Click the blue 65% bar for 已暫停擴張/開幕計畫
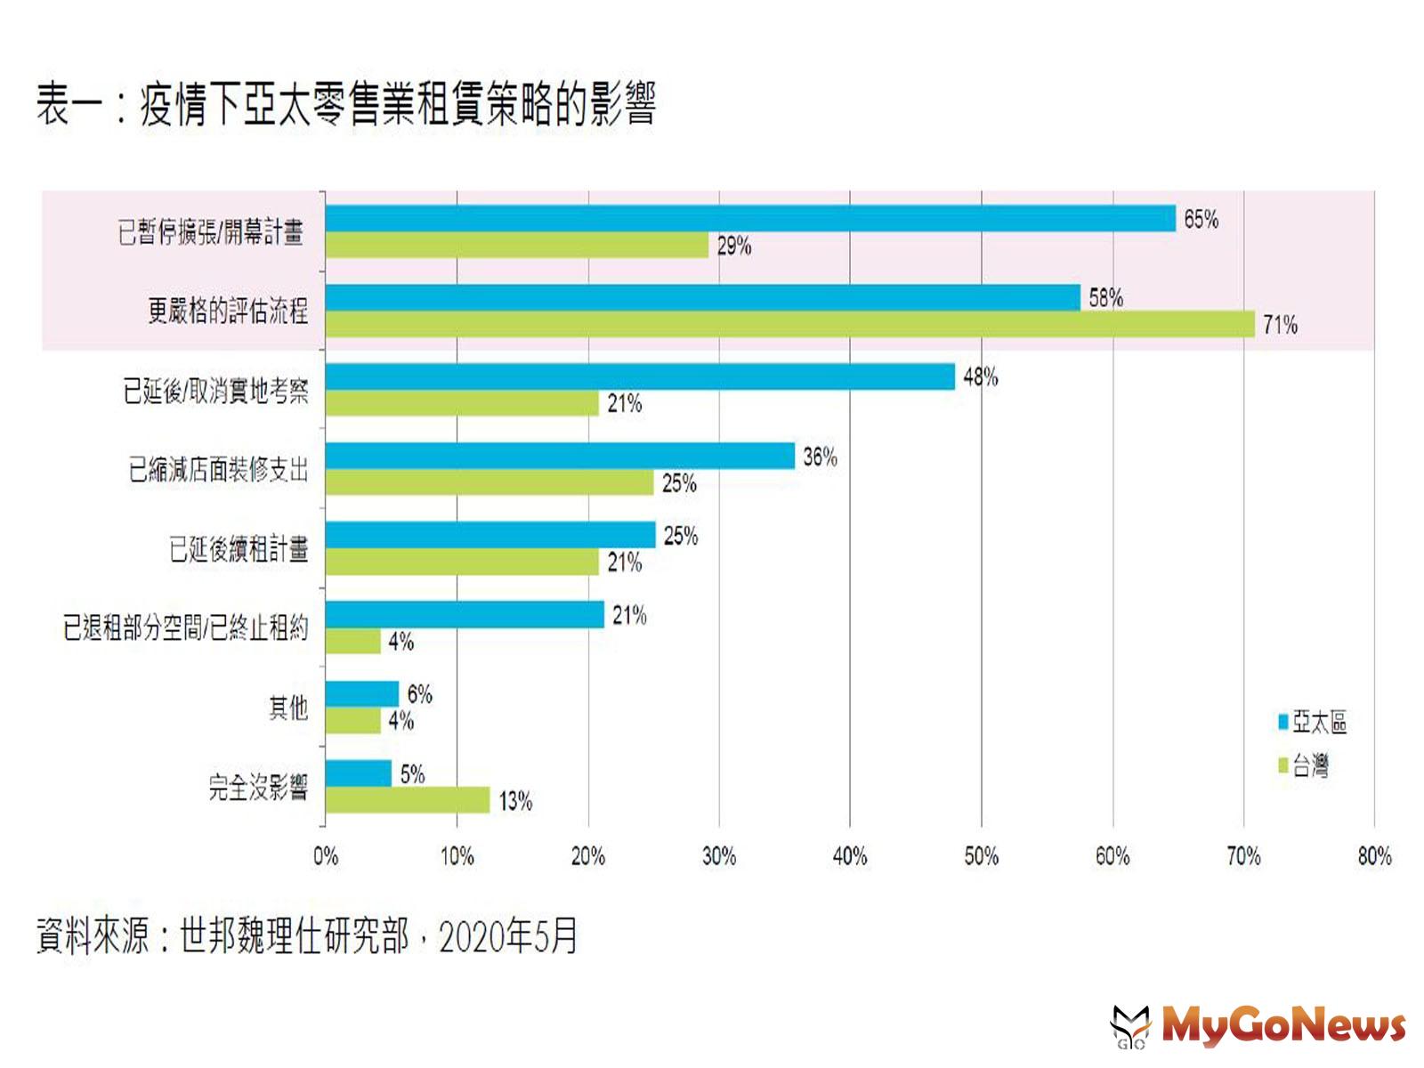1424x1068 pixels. (x=750, y=218)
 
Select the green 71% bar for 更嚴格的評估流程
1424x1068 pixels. (x=790, y=324)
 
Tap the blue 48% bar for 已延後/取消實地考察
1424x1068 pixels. (x=640, y=376)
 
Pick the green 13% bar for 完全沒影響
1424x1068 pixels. (x=408, y=800)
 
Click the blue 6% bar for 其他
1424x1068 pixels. (x=362, y=693)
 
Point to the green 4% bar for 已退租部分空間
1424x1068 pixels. (x=353, y=641)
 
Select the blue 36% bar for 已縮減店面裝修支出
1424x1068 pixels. (x=560, y=456)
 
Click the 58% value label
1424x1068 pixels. (x=1105, y=298)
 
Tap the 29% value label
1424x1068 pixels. (x=734, y=246)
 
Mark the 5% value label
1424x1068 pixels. (x=412, y=774)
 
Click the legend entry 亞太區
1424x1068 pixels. (x=1313, y=722)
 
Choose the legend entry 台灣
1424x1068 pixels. (x=1304, y=765)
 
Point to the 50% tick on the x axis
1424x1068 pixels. (x=981, y=856)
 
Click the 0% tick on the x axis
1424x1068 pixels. (x=326, y=856)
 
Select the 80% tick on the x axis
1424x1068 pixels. (x=1374, y=856)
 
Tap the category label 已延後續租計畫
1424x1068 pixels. (x=239, y=549)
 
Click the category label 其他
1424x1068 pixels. (x=288, y=708)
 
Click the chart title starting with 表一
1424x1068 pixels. (x=346, y=104)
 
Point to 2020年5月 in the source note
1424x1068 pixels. (x=508, y=936)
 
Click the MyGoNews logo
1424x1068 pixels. (x=1258, y=1025)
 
